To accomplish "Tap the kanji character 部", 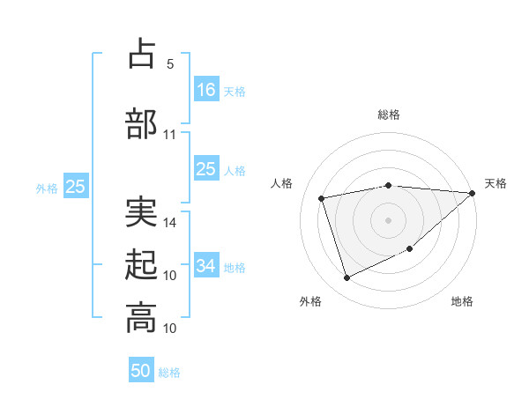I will (141, 123).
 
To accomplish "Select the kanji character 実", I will (141, 211).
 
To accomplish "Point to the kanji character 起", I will (141, 264).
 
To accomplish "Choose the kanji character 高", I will (141, 317).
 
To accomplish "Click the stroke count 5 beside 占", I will (170, 64).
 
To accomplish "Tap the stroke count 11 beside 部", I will (170, 135).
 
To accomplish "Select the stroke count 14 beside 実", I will (170, 223).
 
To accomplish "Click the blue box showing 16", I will (206, 90).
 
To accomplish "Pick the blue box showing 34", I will (206, 266).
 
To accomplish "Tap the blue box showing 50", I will (141, 371).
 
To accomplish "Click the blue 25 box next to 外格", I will (75, 187).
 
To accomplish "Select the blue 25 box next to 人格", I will (206, 169).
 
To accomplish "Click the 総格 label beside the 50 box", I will (169, 373).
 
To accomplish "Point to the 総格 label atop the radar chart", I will (389, 115).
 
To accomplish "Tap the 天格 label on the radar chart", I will (495, 183).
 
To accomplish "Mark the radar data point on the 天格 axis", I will (472, 193).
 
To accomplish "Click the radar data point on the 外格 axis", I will (346, 278).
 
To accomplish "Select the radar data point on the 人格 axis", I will (322, 197).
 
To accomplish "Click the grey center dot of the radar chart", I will (388, 219).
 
